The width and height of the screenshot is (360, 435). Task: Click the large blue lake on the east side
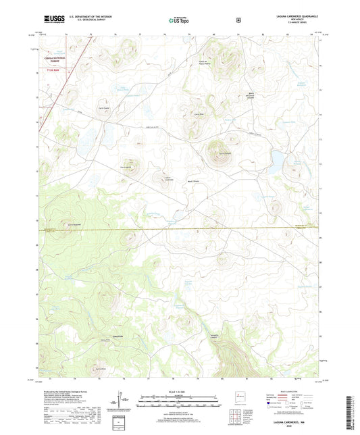click(x=277, y=161)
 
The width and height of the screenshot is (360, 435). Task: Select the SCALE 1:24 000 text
click(x=180, y=391)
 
